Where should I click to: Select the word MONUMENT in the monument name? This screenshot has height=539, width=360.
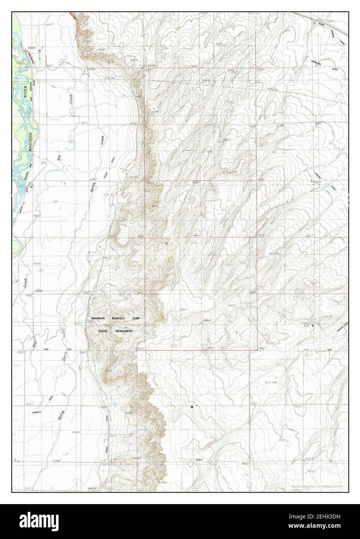pyautogui.click(x=124, y=331)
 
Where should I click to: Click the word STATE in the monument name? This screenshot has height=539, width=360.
pyautogui.click(x=103, y=331)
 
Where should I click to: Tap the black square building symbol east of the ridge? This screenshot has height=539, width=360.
pyautogui.click(x=192, y=407)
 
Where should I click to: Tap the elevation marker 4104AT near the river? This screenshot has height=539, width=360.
pyautogui.click(x=31, y=48)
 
